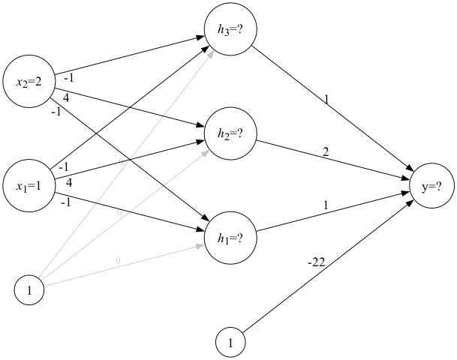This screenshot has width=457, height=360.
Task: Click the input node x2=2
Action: pos(29,82)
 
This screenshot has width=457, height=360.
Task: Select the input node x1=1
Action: pos(29,184)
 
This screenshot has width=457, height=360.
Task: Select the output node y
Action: pos(431,187)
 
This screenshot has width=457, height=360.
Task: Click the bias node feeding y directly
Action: pos(230,343)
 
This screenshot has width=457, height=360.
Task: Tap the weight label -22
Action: pos(316,262)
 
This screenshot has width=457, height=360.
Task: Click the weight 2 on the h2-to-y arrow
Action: pos(326,152)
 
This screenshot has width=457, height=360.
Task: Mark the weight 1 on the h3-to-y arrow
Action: pos(326,98)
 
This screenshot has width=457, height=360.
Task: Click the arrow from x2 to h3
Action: pos(128,57)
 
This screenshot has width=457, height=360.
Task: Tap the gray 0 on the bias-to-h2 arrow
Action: pos(119,213)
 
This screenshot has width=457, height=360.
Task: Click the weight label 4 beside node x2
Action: pos(67,96)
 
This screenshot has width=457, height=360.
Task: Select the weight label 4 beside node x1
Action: pos(68,182)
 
